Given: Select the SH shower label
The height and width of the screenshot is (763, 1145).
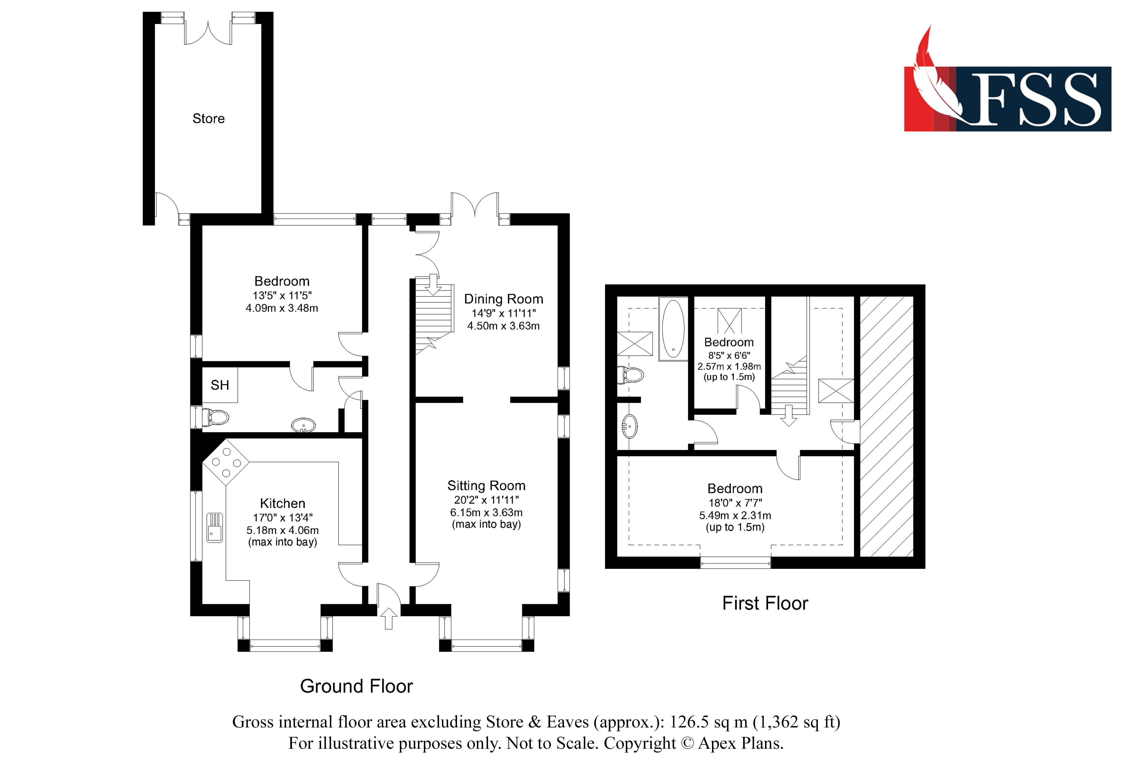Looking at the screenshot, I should (219, 385).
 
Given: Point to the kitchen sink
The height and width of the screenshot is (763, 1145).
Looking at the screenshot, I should (215, 527).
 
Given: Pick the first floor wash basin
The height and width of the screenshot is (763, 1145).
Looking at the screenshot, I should (629, 427).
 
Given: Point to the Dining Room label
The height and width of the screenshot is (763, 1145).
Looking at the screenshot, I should (503, 299).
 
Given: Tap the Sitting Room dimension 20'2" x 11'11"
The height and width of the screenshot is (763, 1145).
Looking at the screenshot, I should (486, 500).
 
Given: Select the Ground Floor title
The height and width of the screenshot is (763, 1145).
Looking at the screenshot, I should (356, 686).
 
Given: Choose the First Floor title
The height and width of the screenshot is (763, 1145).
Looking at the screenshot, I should (765, 603).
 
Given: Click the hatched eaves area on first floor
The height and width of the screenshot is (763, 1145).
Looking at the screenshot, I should (886, 426).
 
